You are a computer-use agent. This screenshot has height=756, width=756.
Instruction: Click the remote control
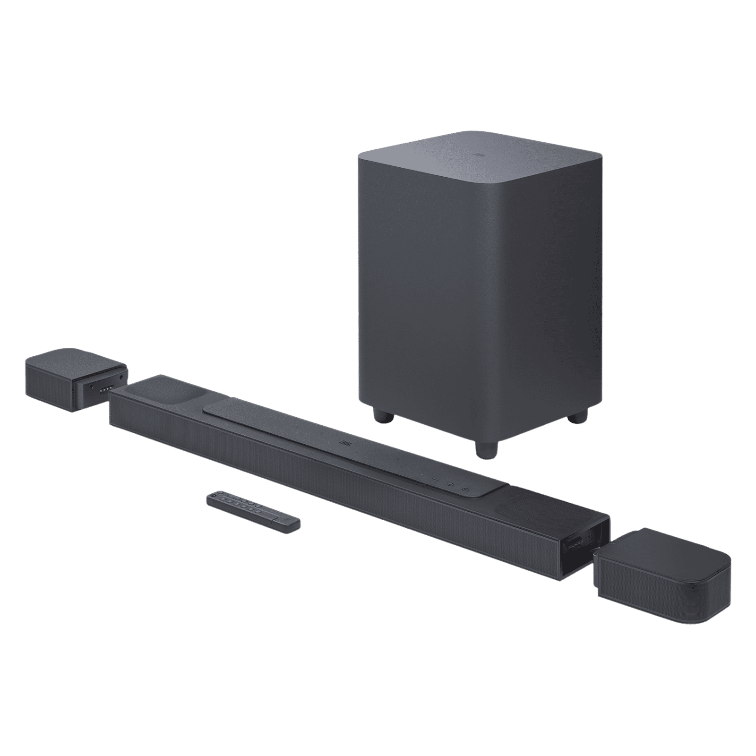253,512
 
